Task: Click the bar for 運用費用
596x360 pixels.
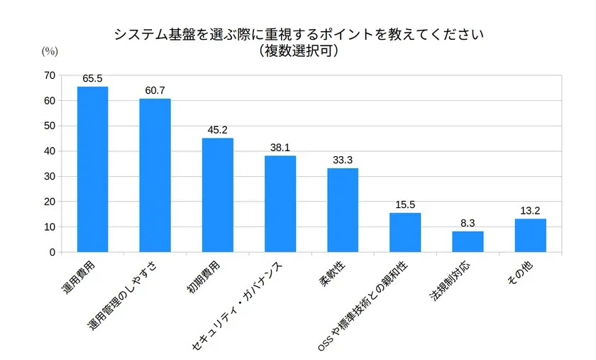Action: [x=92, y=169]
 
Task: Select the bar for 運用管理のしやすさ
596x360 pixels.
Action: [x=155, y=175]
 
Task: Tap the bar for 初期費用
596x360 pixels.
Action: [x=217, y=195]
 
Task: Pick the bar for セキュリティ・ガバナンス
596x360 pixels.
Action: [x=280, y=204]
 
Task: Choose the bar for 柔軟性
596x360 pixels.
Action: [x=343, y=209]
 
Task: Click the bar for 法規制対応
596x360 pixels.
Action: [x=468, y=241]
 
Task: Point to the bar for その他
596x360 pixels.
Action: [x=530, y=235]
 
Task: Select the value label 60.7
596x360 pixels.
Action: [x=155, y=92]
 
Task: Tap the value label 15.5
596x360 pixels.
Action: [x=405, y=205]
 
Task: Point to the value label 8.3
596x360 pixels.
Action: [x=468, y=224]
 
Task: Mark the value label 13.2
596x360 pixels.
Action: [x=530, y=211]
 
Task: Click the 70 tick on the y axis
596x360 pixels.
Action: [x=49, y=75]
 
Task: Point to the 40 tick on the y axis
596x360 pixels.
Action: [x=49, y=151]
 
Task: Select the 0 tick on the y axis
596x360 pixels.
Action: [x=52, y=252]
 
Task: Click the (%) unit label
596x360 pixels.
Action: [x=49, y=50]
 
